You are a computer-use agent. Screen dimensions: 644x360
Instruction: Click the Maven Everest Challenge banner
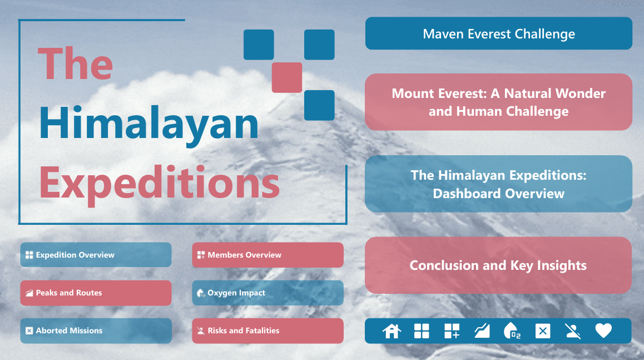tap(499, 33)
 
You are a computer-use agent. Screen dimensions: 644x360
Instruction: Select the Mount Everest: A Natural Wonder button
tap(499, 102)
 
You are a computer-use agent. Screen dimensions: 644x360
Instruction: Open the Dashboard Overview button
tap(499, 184)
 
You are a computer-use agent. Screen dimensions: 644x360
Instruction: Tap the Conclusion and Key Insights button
tap(498, 265)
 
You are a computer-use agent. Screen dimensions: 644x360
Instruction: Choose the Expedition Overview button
tap(96, 255)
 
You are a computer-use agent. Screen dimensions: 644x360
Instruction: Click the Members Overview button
tap(268, 255)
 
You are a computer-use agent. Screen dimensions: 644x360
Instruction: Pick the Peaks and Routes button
tap(96, 293)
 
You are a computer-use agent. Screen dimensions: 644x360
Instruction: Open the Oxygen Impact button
tap(268, 293)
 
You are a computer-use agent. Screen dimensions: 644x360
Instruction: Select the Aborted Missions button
tap(96, 331)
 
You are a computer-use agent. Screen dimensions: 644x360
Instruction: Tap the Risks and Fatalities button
tap(268, 331)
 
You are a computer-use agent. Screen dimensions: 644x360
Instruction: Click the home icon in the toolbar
tap(392, 331)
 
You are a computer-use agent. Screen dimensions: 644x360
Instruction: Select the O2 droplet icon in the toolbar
tap(512, 331)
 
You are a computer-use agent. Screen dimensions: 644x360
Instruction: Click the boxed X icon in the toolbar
tap(543, 331)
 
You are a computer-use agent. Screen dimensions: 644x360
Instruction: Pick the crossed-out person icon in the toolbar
tap(573, 331)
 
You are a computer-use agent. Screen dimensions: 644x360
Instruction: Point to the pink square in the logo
tap(287, 77)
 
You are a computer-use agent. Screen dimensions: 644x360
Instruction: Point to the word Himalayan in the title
tap(149, 124)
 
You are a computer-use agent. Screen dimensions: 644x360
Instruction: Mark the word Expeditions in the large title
tap(160, 183)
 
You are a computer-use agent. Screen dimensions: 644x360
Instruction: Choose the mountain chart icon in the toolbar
tap(482, 331)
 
